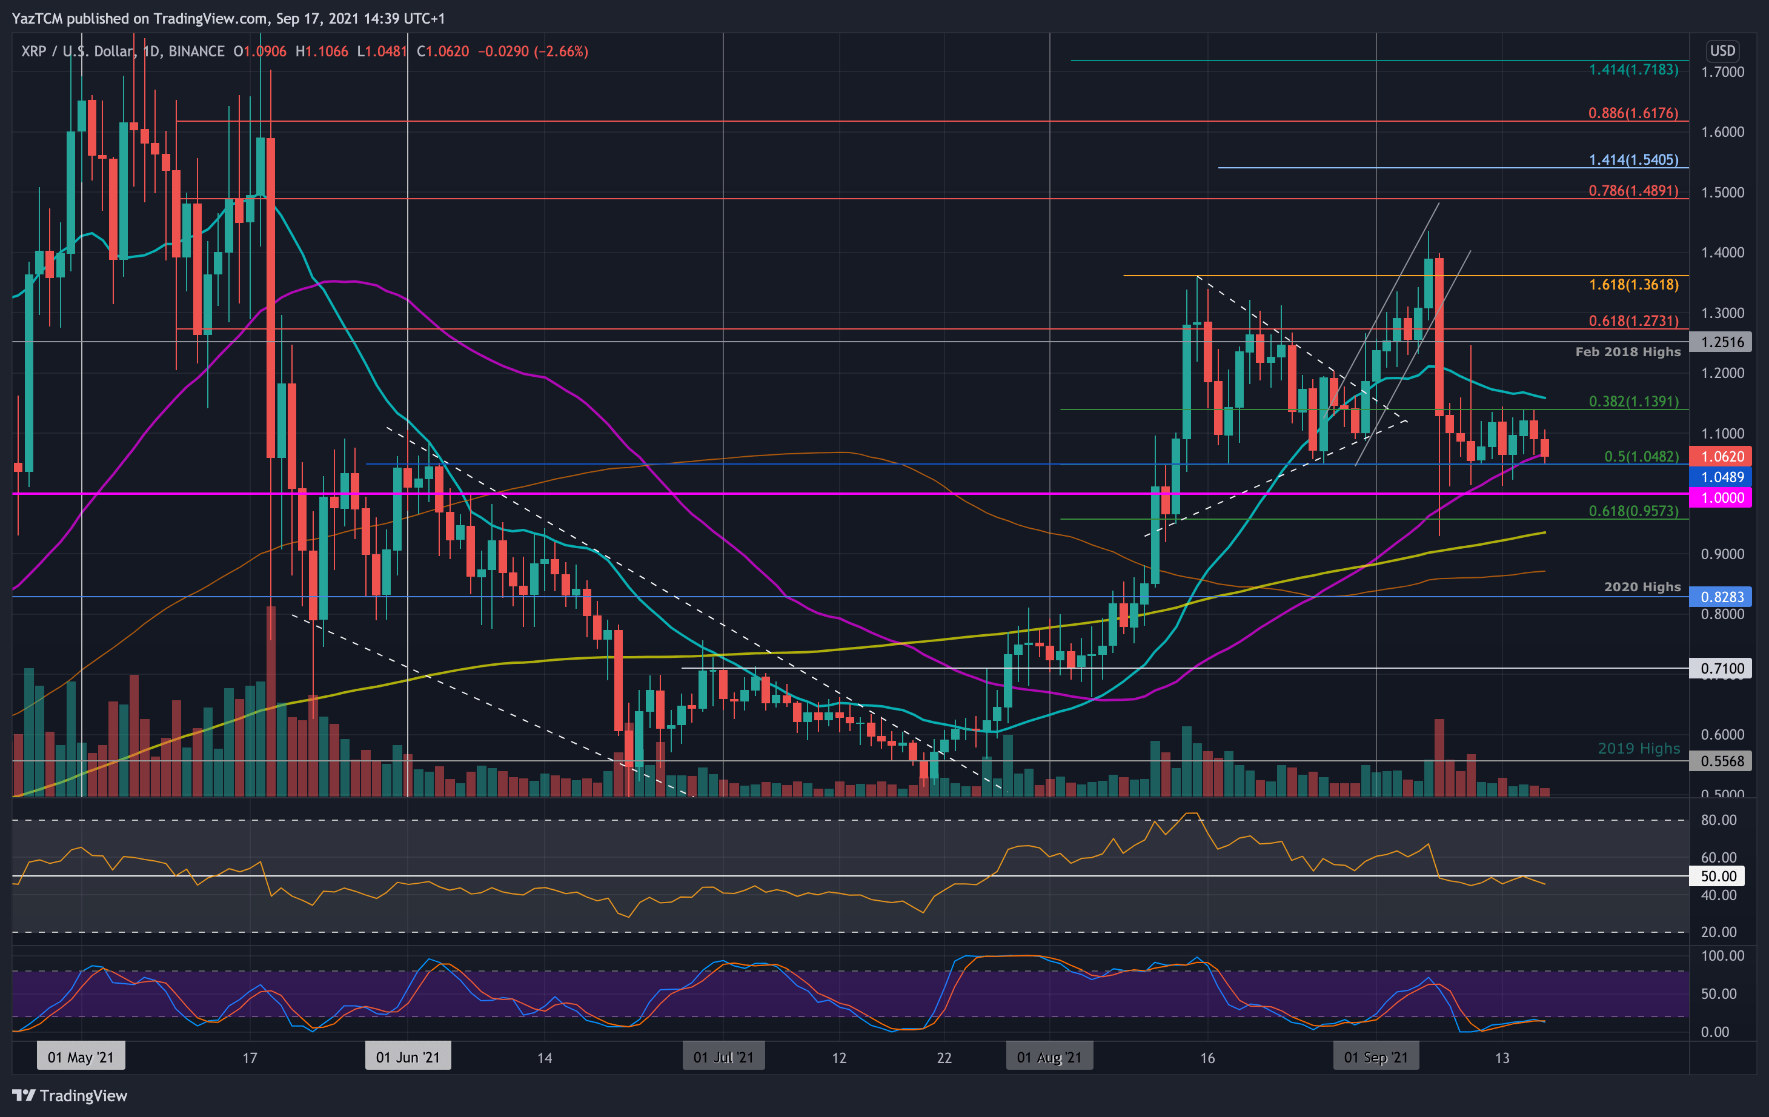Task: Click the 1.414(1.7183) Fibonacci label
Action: [x=1633, y=70]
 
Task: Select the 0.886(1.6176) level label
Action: [x=1633, y=113]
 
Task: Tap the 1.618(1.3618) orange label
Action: [x=1633, y=284]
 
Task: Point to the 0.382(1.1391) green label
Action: [x=1633, y=401]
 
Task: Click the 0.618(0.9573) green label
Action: [x=1633, y=511]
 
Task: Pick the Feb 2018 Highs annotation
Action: [x=1627, y=352]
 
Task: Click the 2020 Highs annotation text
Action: [x=1642, y=587]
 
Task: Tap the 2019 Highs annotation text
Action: [x=1638, y=748]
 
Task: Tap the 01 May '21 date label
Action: [x=81, y=1058]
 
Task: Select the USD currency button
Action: [x=1722, y=51]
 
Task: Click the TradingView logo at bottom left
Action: [x=70, y=1096]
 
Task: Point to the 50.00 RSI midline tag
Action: [x=1718, y=876]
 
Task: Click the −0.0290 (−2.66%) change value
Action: [x=533, y=51]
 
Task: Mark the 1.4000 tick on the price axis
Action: [x=1722, y=253]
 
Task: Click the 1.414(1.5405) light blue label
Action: [x=1633, y=159]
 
